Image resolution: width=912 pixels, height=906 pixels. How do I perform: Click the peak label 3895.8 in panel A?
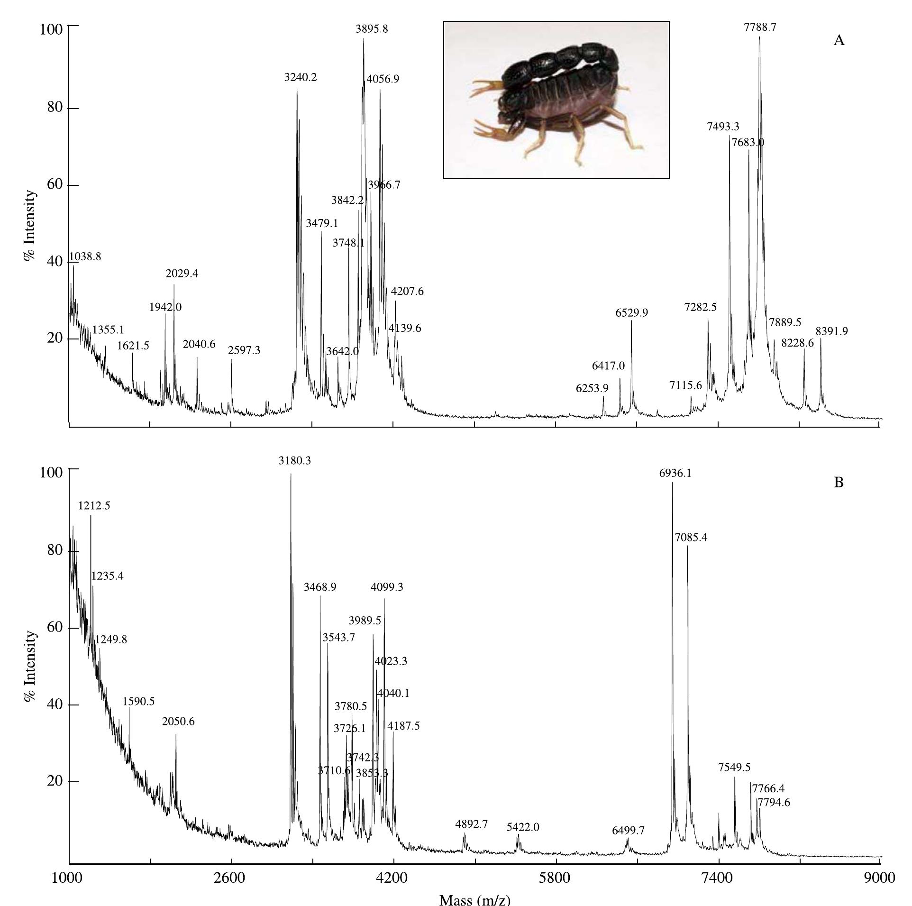(x=372, y=29)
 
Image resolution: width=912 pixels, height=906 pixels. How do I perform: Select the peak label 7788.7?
(x=760, y=27)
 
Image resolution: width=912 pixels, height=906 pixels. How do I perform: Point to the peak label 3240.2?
(x=301, y=77)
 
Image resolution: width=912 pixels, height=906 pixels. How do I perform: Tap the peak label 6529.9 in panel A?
(x=631, y=312)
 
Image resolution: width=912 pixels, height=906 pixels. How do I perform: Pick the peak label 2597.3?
(x=244, y=350)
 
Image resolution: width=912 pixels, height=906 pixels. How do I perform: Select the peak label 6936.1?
(x=675, y=473)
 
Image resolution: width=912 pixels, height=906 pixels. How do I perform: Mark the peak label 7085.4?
(x=691, y=537)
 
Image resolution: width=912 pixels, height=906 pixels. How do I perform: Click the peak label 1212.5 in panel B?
(x=94, y=505)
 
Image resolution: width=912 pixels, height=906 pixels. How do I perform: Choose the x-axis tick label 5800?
(x=556, y=878)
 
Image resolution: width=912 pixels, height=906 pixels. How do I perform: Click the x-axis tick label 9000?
(x=880, y=878)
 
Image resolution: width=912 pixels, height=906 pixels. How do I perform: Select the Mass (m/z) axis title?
(x=474, y=899)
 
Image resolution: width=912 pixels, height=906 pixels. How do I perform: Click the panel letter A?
(x=839, y=40)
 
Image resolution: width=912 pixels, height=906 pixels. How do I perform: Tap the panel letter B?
(x=839, y=483)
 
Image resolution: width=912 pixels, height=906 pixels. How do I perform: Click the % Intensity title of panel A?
(x=30, y=226)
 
